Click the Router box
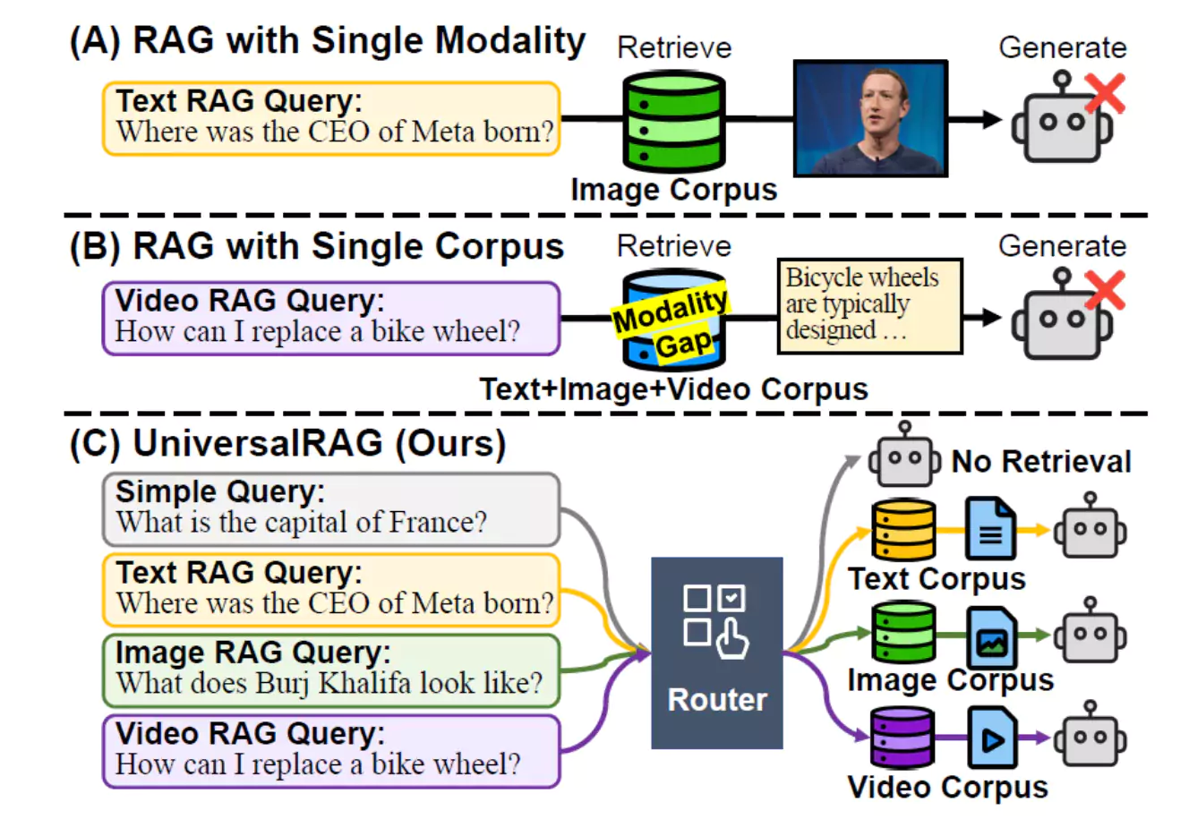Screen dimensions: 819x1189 pyautogui.click(x=716, y=653)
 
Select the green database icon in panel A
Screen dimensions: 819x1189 pyautogui.click(x=673, y=121)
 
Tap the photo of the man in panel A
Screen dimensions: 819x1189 pyautogui.click(x=870, y=118)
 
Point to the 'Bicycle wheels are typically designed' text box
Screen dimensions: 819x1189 pyautogui.click(x=868, y=305)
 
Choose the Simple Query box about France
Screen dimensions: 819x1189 pyautogui.click(x=330, y=509)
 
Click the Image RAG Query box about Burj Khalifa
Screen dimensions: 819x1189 pyautogui.click(x=330, y=670)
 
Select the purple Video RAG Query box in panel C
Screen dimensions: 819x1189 pyautogui.click(x=330, y=750)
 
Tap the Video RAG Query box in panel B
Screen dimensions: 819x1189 pyautogui.click(x=330, y=318)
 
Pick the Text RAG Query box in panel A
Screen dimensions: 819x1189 pyautogui.click(x=330, y=118)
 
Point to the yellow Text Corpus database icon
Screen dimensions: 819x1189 pyautogui.click(x=903, y=530)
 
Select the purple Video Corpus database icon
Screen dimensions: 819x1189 pyautogui.click(x=903, y=737)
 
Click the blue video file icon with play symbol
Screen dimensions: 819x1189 pyautogui.click(x=990, y=738)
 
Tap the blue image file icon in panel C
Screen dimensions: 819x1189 pyautogui.click(x=990, y=636)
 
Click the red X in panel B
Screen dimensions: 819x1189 pyautogui.click(x=1105, y=291)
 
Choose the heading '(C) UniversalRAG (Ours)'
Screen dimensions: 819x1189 pyautogui.click(x=287, y=444)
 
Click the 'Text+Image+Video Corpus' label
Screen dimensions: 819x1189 pyautogui.click(x=673, y=389)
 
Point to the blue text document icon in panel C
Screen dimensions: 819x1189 pyautogui.click(x=990, y=530)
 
